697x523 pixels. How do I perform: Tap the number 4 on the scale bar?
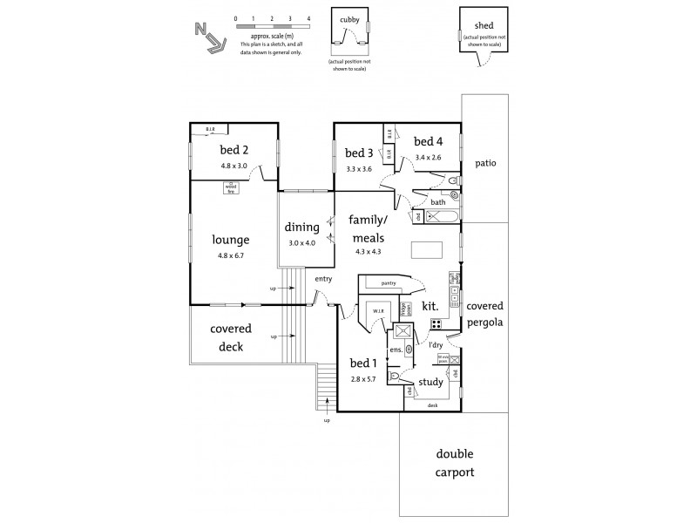308,17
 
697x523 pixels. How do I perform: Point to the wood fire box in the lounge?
231,187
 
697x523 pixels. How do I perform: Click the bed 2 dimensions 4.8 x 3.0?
233,166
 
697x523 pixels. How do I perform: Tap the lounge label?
231,240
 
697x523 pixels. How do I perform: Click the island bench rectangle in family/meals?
427,250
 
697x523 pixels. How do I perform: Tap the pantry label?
388,283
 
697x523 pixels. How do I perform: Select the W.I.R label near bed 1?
379,310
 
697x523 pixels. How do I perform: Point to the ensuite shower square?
403,331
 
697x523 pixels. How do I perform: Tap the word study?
430,382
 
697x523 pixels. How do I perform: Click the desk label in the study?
432,405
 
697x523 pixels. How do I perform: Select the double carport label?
455,463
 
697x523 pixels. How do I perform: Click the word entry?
324,279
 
